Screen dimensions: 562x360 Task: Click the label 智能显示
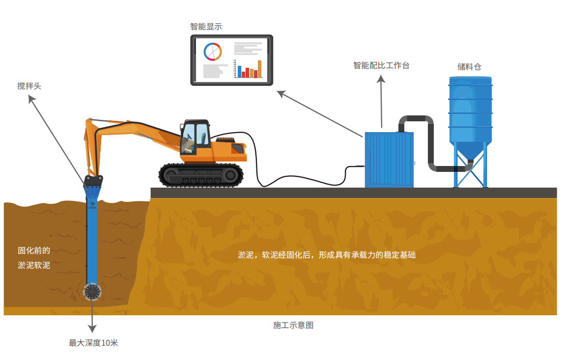[x=206, y=27]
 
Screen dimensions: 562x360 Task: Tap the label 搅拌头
[x=29, y=86]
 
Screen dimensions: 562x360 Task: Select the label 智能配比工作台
[x=381, y=65]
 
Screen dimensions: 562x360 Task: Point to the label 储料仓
[x=469, y=67]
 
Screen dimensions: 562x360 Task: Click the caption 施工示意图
[x=293, y=325]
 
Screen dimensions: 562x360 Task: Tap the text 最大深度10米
[x=93, y=343]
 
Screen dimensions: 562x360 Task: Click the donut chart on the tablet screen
[x=213, y=52]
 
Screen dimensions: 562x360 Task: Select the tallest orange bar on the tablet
[x=259, y=69]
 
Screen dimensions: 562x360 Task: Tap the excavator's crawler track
[x=201, y=175]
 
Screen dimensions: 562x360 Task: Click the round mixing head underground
[x=92, y=292]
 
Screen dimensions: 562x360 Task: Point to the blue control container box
[x=389, y=160]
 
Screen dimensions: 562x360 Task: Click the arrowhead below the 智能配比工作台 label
[x=381, y=79]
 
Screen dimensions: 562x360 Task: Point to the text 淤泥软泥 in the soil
[x=34, y=265]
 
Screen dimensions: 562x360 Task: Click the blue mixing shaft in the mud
[x=92, y=236]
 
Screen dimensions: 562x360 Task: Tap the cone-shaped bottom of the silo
[x=471, y=150]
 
